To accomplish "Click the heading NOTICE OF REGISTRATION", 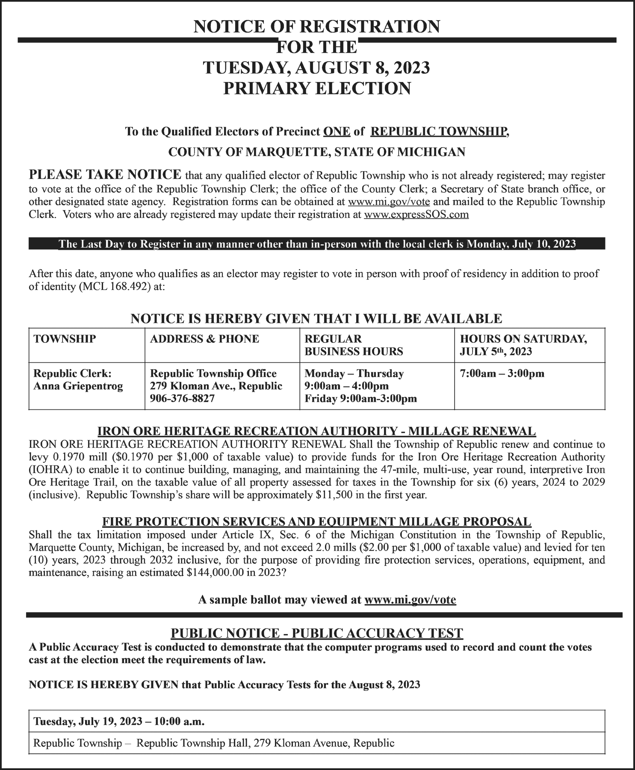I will coord(316,27).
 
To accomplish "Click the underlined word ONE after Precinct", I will coord(337,131).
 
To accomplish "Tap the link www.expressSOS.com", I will coord(416,214).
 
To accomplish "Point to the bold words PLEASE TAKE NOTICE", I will coord(105,175).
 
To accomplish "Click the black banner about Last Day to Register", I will coord(317,244).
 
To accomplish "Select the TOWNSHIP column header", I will coord(65,339).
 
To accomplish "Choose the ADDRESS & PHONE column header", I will coord(204,339).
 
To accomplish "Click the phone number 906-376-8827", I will coord(182,399).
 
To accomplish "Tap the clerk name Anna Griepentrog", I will coord(78,386).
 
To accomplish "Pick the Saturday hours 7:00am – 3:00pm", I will coord(502,373).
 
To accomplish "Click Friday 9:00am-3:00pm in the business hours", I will coord(360,399).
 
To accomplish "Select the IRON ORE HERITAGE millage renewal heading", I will coord(316,430).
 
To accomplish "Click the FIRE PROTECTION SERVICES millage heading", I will coord(316,521).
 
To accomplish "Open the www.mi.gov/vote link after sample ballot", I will coord(410,599).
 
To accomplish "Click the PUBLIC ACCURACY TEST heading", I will coord(316,633).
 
